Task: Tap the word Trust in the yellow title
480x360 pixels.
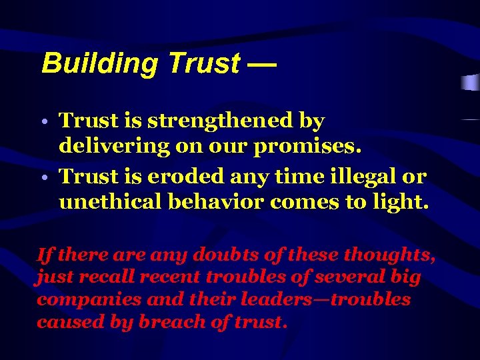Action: click(204, 64)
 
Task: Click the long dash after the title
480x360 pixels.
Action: click(261, 64)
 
